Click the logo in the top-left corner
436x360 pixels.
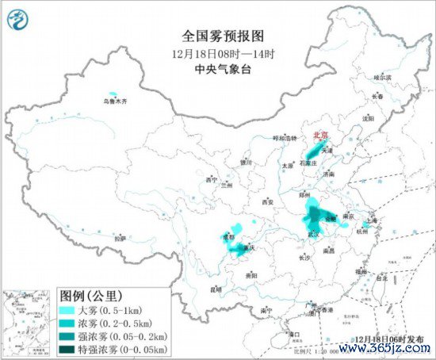(x=17, y=17)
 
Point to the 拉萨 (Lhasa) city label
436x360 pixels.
(x=120, y=237)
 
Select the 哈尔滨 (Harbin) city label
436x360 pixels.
(x=382, y=78)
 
